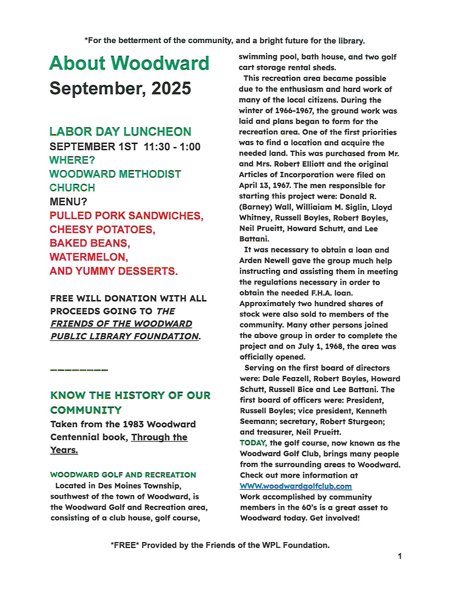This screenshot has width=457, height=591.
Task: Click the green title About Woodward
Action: (129, 63)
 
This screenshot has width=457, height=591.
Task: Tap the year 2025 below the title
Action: (171, 88)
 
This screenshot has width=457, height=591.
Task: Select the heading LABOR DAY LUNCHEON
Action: (120, 132)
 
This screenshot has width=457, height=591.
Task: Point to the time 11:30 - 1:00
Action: (172, 147)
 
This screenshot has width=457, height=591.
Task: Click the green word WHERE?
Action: (72, 160)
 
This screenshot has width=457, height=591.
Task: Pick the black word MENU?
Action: (68, 201)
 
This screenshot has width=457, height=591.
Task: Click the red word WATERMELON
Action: (88, 257)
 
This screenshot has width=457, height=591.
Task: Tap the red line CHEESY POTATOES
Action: (102, 229)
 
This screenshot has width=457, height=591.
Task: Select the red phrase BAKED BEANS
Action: (90, 243)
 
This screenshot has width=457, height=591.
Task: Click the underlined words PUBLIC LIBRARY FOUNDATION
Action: (125, 336)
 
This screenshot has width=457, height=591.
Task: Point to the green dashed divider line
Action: (79, 370)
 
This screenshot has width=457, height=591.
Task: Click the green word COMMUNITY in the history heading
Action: (86, 410)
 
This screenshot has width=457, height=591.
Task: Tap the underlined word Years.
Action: (64, 450)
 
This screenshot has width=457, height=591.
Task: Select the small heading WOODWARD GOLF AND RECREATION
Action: (123, 475)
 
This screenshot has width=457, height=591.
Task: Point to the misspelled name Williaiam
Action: (313, 207)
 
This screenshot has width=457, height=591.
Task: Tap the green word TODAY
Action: (253, 443)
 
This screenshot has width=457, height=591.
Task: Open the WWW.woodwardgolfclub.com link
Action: (296, 486)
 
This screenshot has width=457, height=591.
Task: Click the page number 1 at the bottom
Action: (399, 556)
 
